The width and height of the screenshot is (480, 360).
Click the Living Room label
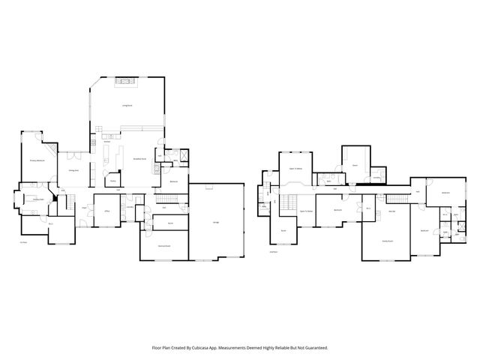pyautogui.click(x=127, y=106)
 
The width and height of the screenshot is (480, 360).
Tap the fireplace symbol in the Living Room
pyautogui.click(x=127, y=80)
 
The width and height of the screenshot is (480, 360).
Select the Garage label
pyautogui.click(x=216, y=223)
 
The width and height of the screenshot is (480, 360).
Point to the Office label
pyautogui.click(x=107, y=211)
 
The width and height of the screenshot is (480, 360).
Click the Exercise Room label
pyautogui.click(x=163, y=246)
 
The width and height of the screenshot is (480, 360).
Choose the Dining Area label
pyautogui.click(x=74, y=170)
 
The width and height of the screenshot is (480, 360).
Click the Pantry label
pyautogui.click(x=112, y=180)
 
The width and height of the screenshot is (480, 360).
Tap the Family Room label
pyautogui.click(x=387, y=241)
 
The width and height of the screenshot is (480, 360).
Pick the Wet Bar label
pyautogui.click(x=392, y=211)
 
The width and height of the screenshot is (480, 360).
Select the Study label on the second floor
pyautogui.click(x=283, y=230)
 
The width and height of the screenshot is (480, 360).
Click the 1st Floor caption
pyautogui.click(x=23, y=242)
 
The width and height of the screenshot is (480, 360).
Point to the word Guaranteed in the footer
pyautogui.click(x=313, y=347)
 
